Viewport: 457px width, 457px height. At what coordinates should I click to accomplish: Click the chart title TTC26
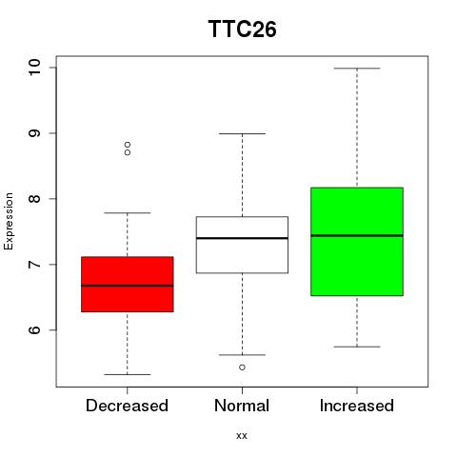(x=242, y=29)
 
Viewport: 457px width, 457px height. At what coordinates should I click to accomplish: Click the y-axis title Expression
(x=9, y=221)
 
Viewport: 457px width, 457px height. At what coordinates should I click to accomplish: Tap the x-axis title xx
(x=242, y=436)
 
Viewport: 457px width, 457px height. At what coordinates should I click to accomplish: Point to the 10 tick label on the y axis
(x=34, y=68)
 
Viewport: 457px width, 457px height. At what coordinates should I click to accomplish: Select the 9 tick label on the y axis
(x=34, y=133)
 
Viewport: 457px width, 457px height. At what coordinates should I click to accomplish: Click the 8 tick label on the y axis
(x=34, y=199)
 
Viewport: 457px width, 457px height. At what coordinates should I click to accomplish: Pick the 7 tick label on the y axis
(x=34, y=265)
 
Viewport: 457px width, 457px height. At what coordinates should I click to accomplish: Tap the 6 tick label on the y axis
(x=34, y=330)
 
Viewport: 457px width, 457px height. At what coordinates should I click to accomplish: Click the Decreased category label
(x=127, y=406)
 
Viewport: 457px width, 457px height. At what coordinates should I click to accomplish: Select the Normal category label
(x=242, y=406)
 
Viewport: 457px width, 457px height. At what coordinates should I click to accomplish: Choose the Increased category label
(x=357, y=406)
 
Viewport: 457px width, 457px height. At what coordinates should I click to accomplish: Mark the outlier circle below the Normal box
(x=242, y=368)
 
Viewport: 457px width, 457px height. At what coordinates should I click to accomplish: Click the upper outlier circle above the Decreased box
(x=128, y=145)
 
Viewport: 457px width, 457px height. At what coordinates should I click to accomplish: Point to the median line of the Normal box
(x=242, y=238)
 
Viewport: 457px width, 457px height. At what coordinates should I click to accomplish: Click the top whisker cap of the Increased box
(x=357, y=69)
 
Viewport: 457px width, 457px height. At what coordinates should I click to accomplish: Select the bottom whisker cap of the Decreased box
(x=128, y=374)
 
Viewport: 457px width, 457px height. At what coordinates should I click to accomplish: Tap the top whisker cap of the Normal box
(x=242, y=133)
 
